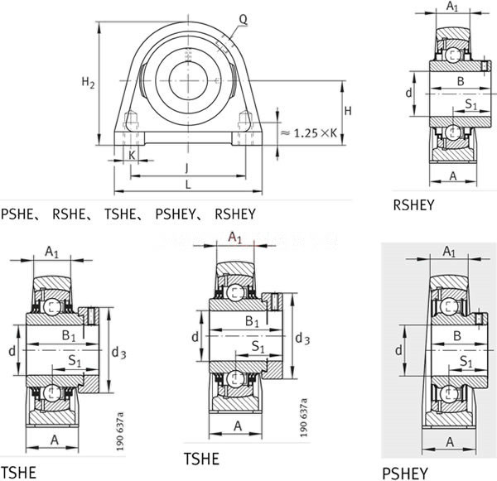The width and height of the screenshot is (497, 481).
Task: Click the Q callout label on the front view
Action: (x=243, y=20)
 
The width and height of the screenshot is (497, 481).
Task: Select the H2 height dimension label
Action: (x=88, y=83)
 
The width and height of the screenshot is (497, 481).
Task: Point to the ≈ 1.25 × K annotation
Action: (x=309, y=133)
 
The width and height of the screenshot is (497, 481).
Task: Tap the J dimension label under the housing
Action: (x=187, y=168)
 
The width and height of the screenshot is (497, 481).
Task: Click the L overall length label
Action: (x=188, y=185)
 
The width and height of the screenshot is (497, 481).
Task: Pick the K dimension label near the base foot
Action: (x=132, y=156)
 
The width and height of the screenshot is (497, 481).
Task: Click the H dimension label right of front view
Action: (x=348, y=111)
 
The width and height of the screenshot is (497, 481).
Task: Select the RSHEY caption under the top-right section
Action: (x=413, y=205)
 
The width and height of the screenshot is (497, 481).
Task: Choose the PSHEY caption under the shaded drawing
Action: (x=405, y=474)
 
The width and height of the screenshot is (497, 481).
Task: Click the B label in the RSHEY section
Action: (x=461, y=81)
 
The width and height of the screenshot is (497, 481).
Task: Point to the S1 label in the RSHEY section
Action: (x=470, y=104)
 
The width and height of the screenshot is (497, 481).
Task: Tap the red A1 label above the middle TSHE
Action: (x=235, y=238)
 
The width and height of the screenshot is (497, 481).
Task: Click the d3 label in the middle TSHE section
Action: (x=302, y=339)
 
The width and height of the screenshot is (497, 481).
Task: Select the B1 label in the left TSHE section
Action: (x=69, y=335)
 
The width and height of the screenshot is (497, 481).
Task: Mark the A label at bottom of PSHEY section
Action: (x=450, y=442)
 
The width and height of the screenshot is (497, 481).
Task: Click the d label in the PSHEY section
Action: (x=398, y=350)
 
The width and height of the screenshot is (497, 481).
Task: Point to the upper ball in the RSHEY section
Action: (x=453, y=55)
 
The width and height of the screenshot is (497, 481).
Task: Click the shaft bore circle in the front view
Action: (x=188, y=81)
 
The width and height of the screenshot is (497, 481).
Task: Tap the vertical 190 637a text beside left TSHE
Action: (x=120, y=430)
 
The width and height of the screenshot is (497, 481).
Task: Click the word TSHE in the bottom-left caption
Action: (x=19, y=473)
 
